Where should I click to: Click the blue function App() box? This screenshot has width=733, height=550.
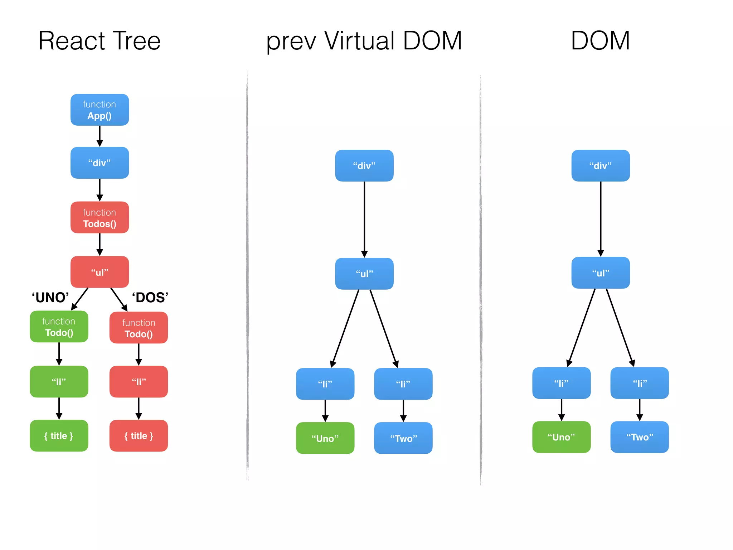tap(99, 110)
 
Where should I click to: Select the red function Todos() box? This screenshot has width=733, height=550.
tap(99, 218)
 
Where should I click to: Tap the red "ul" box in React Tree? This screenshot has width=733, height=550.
tap(99, 272)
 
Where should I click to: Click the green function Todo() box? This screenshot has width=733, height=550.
tap(59, 327)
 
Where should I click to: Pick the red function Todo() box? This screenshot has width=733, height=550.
tap(139, 328)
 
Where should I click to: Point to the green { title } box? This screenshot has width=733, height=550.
tap(59, 436)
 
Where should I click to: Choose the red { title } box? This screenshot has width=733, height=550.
tap(139, 436)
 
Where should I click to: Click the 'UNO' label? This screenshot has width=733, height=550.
tap(50, 298)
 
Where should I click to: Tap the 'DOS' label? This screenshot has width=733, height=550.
tap(150, 298)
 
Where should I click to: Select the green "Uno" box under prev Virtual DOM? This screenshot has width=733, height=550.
tap(325, 438)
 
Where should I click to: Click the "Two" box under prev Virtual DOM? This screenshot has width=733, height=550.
tap(403, 438)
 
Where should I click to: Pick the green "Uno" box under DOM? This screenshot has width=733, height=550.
tap(561, 437)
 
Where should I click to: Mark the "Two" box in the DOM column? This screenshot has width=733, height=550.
tap(640, 437)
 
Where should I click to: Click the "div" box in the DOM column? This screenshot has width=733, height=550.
tap(601, 165)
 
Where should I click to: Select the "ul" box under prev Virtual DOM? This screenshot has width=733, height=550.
tap(364, 274)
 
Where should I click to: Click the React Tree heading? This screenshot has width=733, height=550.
tap(99, 41)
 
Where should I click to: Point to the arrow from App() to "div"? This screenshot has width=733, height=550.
tap(99, 136)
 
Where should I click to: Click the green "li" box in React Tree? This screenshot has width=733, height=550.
tap(59, 382)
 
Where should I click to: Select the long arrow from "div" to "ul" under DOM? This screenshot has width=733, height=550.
tap(601, 218)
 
